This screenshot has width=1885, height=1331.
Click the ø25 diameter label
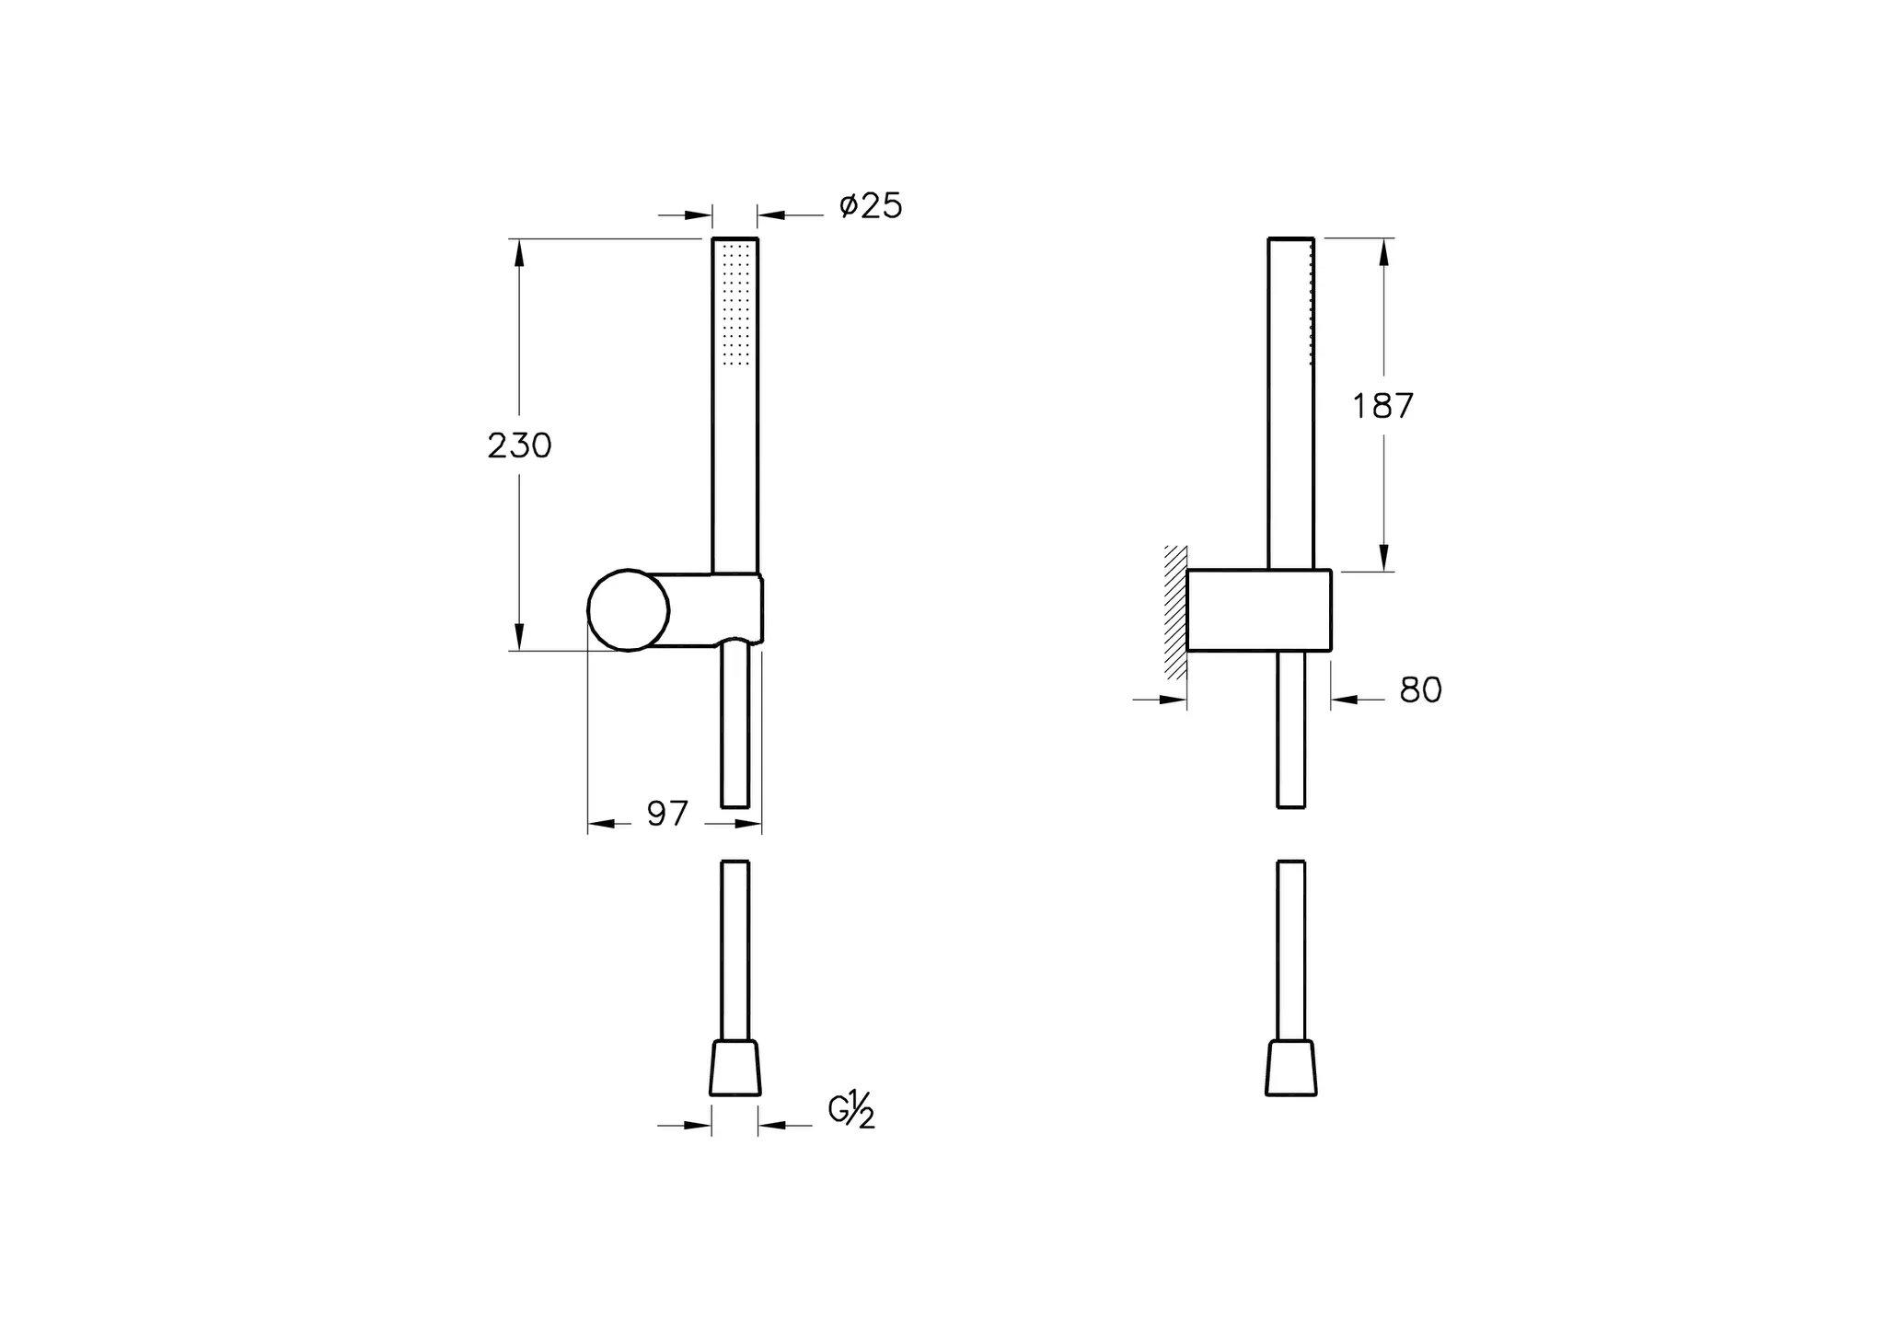871,206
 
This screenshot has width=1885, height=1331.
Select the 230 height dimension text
519,446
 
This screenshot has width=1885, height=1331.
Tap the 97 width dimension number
667,814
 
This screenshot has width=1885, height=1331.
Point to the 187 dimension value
1382,406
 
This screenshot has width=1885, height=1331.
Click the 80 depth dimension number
1420,690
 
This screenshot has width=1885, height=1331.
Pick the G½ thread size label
851,1111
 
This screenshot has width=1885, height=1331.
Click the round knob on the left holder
629,610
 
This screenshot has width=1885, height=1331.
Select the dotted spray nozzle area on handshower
736,302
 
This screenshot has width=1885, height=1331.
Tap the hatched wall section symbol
1174,612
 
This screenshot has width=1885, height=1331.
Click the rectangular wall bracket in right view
1258,610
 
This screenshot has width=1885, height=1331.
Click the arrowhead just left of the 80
1345,700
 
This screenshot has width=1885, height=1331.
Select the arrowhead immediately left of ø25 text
770,215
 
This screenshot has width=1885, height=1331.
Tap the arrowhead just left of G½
771,1125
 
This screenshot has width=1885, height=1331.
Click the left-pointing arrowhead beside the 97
601,824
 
